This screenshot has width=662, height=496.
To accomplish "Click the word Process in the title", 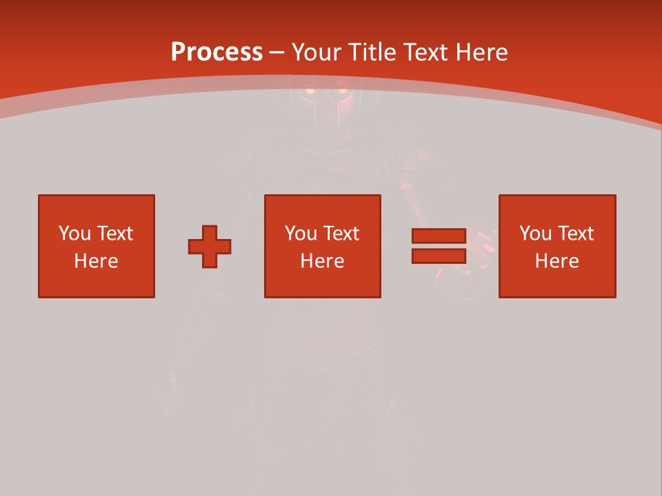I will click(217, 52).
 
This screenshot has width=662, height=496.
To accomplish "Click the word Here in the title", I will click(482, 52).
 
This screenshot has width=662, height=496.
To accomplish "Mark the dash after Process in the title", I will click(277, 53).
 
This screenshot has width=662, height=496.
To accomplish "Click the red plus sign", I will click(210, 247).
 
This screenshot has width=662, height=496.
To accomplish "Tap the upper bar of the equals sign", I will click(439, 236).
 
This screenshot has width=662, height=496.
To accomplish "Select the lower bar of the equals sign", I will click(439, 256).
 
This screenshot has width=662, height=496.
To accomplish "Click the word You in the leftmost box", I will click(74, 234).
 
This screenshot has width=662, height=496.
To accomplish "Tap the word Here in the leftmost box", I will click(96, 261).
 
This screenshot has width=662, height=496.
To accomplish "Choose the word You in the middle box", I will click(301, 234).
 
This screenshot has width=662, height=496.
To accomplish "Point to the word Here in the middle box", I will click(322, 261).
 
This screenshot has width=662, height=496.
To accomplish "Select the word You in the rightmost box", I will click(535, 234).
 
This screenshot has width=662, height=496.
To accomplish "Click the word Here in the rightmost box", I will click(556, 261).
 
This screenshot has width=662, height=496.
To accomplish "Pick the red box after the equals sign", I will click(557, 282).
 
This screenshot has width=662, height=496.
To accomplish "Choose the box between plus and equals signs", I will click(323, 282).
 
